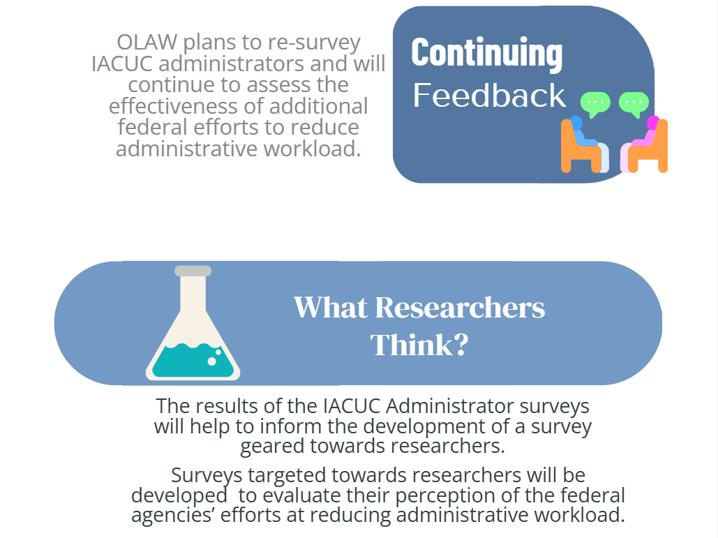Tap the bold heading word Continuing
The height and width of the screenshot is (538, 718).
click(486, 52)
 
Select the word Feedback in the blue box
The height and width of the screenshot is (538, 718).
click(489, 96)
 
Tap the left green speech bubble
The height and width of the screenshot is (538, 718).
click(595, 103)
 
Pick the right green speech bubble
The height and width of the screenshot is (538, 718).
click(634, 103)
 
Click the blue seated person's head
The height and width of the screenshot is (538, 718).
click(576, 123)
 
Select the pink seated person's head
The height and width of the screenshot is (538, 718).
click(653, 123)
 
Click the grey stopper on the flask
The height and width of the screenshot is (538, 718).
click(193, 271)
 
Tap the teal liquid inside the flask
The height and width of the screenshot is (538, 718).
click(193, 361)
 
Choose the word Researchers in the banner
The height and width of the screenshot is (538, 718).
click(461, 308)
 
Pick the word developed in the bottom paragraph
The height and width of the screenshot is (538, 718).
click(177, 496)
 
